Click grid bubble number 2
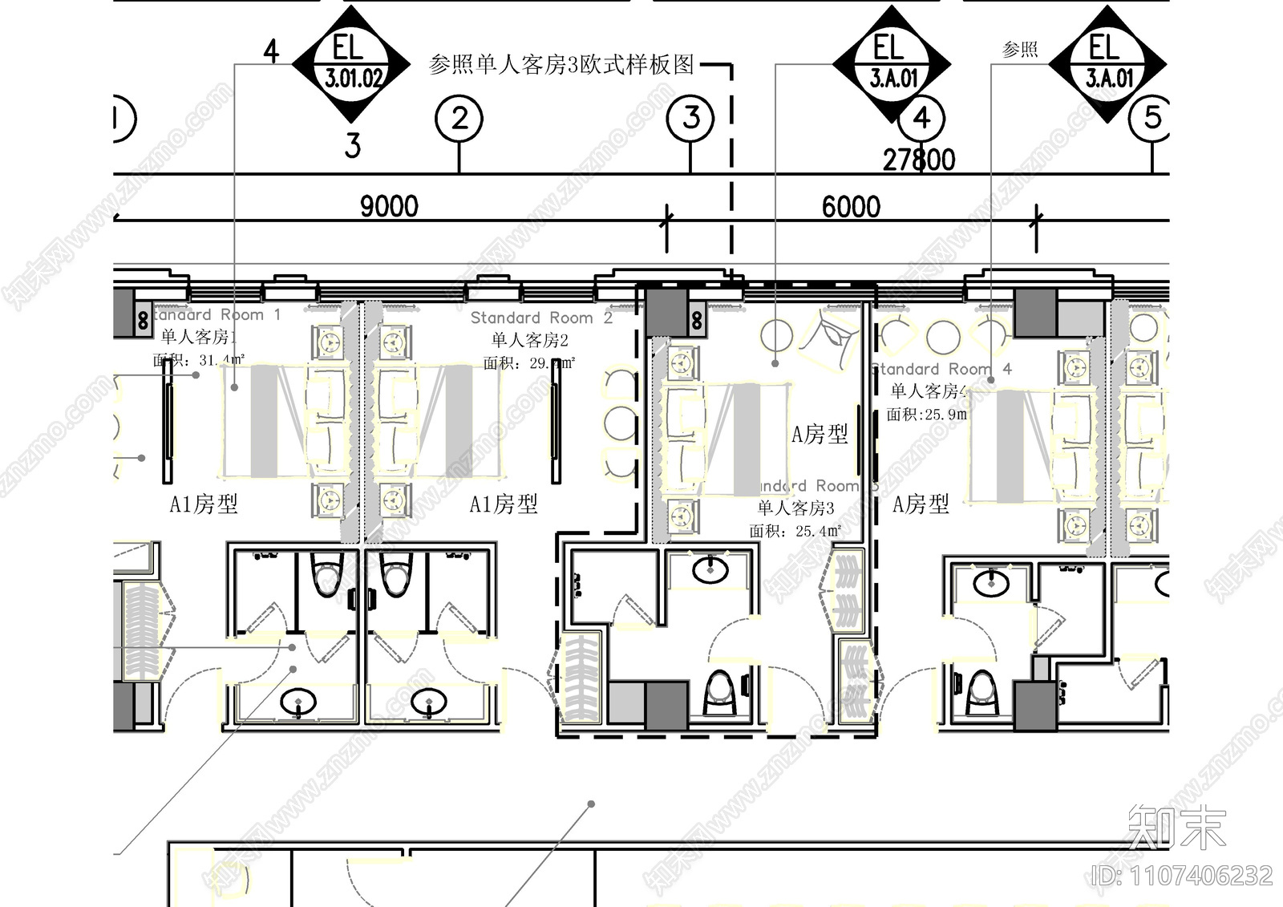coord(459,119)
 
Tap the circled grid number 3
coord(690,119)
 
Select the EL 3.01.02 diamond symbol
coord(352,64)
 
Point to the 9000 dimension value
coord(389,207)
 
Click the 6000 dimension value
coord(851,207)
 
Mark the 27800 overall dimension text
coord(919,160)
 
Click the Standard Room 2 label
coord(541,318)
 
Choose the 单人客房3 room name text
coord(795,508)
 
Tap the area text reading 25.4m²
coord(819,531)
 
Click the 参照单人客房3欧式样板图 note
coord(561,64)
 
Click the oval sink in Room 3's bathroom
coord(710,570)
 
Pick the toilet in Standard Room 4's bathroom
coord(981,691)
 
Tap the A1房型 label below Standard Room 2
coord(504,504)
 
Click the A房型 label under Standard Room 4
coord(921,504)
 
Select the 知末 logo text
coord(1176,827)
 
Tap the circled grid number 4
coord(921,119)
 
